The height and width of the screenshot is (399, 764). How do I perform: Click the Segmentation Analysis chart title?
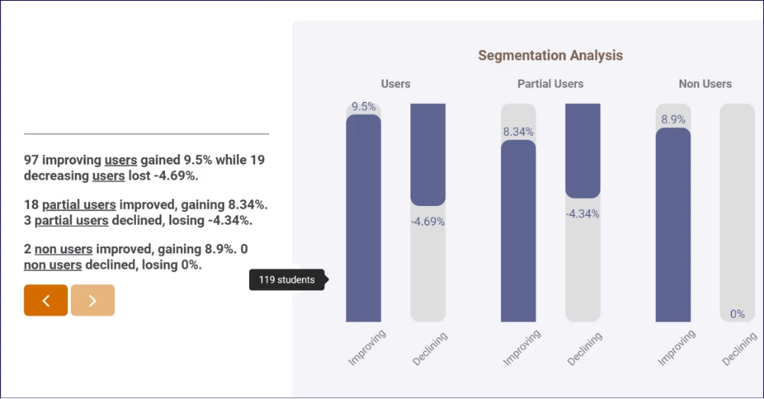[550, 56]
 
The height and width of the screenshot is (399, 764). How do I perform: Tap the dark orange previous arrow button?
[46, 301]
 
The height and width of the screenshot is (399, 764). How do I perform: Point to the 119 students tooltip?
[286, 280]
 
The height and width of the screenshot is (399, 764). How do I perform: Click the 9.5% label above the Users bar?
[364, 107]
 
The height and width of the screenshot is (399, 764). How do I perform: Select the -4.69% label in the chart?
[428, 222]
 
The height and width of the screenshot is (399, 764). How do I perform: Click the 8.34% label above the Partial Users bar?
[518, 132]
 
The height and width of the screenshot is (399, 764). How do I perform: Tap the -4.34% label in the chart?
[582, 214]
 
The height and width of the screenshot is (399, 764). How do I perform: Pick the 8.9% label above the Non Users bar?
[673, 120]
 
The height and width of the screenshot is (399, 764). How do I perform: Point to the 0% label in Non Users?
[737, 314]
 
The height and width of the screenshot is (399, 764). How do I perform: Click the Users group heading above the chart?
[396, 84]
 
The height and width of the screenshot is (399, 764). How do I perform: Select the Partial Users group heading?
[550, 84]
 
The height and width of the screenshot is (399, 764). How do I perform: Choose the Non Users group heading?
[705, 84]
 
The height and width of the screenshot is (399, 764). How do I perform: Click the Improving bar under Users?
[364, 221]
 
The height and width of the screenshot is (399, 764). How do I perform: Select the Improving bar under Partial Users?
[518, 233]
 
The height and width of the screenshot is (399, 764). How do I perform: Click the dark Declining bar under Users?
[428, 153]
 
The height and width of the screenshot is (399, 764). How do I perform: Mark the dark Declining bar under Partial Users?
[582, 149]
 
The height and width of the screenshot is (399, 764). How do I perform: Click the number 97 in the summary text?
[31, 160]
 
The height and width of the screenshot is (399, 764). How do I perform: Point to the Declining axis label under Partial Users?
[585, 347]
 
